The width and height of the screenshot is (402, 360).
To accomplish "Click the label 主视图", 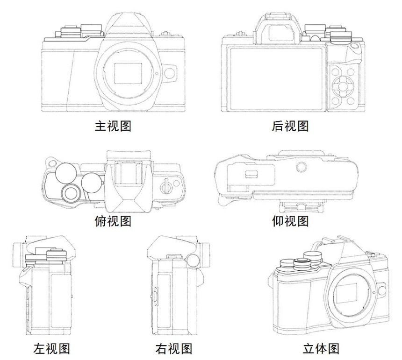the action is point(113,126).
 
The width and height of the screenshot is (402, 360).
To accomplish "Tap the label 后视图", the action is point(290,126).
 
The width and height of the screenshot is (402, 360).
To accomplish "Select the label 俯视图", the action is point(113,221).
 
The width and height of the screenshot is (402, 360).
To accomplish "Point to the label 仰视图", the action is point(290,221).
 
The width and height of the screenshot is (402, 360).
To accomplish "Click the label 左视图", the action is point(51,348).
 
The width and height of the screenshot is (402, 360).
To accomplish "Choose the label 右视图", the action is point(174,348).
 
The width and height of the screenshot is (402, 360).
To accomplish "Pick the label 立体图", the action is point(321,348).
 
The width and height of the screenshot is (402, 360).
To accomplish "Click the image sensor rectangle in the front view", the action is point(128,73).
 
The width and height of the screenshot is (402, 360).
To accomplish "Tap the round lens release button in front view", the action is point(170,73).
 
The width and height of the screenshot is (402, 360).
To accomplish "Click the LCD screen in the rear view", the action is point(276,79).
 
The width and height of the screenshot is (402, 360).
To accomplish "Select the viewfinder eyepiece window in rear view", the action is point(280,33).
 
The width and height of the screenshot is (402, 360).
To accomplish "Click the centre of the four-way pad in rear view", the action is point(343,86).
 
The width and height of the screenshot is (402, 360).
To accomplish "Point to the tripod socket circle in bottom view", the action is point(301,167).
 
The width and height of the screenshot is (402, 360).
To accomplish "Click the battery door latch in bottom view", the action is point(251,174).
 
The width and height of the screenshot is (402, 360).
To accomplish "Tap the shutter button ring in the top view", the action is point(70,193).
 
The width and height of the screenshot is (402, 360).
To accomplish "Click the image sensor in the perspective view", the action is point(346,293).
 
